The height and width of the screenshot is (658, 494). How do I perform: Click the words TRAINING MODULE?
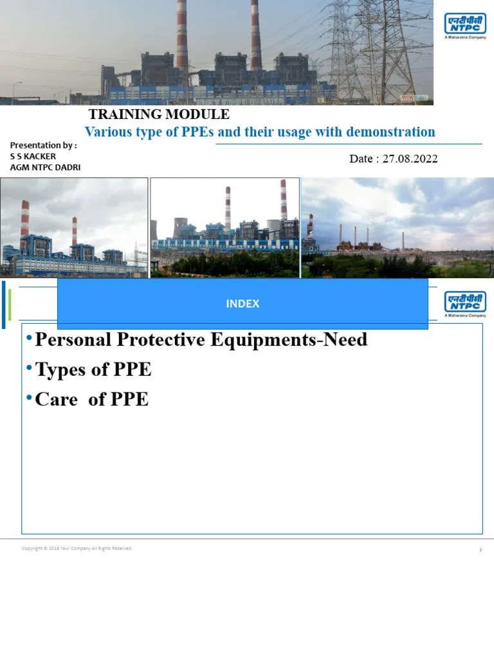pos(159,115)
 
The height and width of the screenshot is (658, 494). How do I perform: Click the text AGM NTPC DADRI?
pos(45,167)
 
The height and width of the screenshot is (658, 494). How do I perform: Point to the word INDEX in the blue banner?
pos(242,304)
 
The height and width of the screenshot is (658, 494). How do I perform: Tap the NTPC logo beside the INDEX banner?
pos(465,304)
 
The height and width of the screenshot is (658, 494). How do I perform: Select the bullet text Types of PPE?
pos(93,369)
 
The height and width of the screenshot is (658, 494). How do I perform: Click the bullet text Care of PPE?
pos(91,399)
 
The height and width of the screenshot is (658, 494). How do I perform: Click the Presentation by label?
pos(44,145)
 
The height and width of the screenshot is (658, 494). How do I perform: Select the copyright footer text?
pos(77,548)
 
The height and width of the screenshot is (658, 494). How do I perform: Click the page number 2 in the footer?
pos(480,550)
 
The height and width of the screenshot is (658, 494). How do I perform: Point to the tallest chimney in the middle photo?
pos(283,202)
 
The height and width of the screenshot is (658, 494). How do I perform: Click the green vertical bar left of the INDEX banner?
pos(9,303)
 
